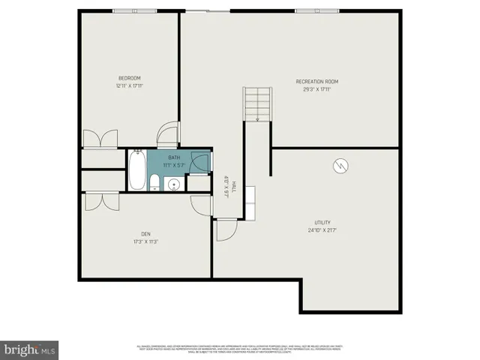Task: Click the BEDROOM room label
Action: [129, 78]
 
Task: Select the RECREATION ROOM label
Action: [317, 81]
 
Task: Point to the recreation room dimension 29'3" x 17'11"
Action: [317, 88]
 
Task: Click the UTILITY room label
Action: [322, 223]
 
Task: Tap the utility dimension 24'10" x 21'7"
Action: [322, 230]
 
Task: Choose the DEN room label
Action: [145, 233]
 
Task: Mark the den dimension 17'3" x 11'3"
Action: [145, 241]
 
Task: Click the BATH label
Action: [174, 157]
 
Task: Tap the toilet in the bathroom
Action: [154, 181]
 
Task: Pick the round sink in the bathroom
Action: [174, 184]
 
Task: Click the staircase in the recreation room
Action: [256, 104]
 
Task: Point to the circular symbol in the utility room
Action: [340, 165]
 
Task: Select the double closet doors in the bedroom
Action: [100, 138]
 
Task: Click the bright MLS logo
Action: [30, 349]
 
